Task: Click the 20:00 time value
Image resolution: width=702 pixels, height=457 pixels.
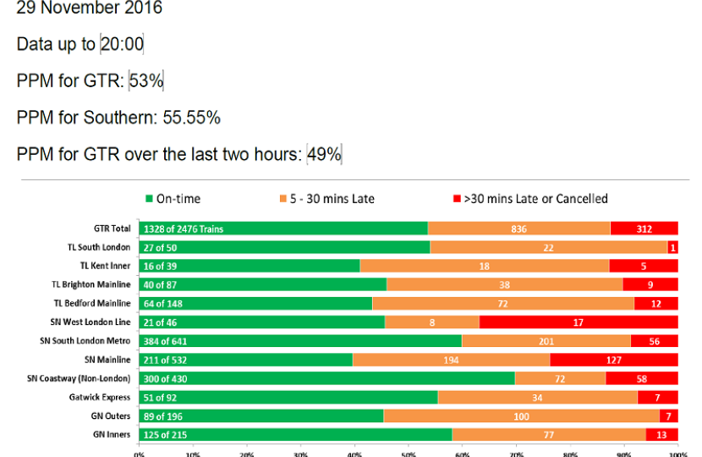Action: click(x=122, y=44)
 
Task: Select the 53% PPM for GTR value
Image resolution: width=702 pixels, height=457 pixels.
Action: click(x=146, y=81)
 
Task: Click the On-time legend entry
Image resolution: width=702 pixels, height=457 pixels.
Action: click(x=173, y=199)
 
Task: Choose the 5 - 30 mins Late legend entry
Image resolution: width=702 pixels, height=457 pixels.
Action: click(x=325, y=199)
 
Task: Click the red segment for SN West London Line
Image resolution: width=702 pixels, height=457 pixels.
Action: click(x=579, y=322)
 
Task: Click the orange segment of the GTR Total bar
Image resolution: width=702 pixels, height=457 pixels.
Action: click(x=518, y=228)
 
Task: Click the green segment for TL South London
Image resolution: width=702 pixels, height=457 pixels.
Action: click(x=284, y=247)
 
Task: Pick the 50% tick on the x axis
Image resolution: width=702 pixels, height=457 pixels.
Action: click(x=409, y=453)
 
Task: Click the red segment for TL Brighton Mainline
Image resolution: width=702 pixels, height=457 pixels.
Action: click(x=650, y=284)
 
